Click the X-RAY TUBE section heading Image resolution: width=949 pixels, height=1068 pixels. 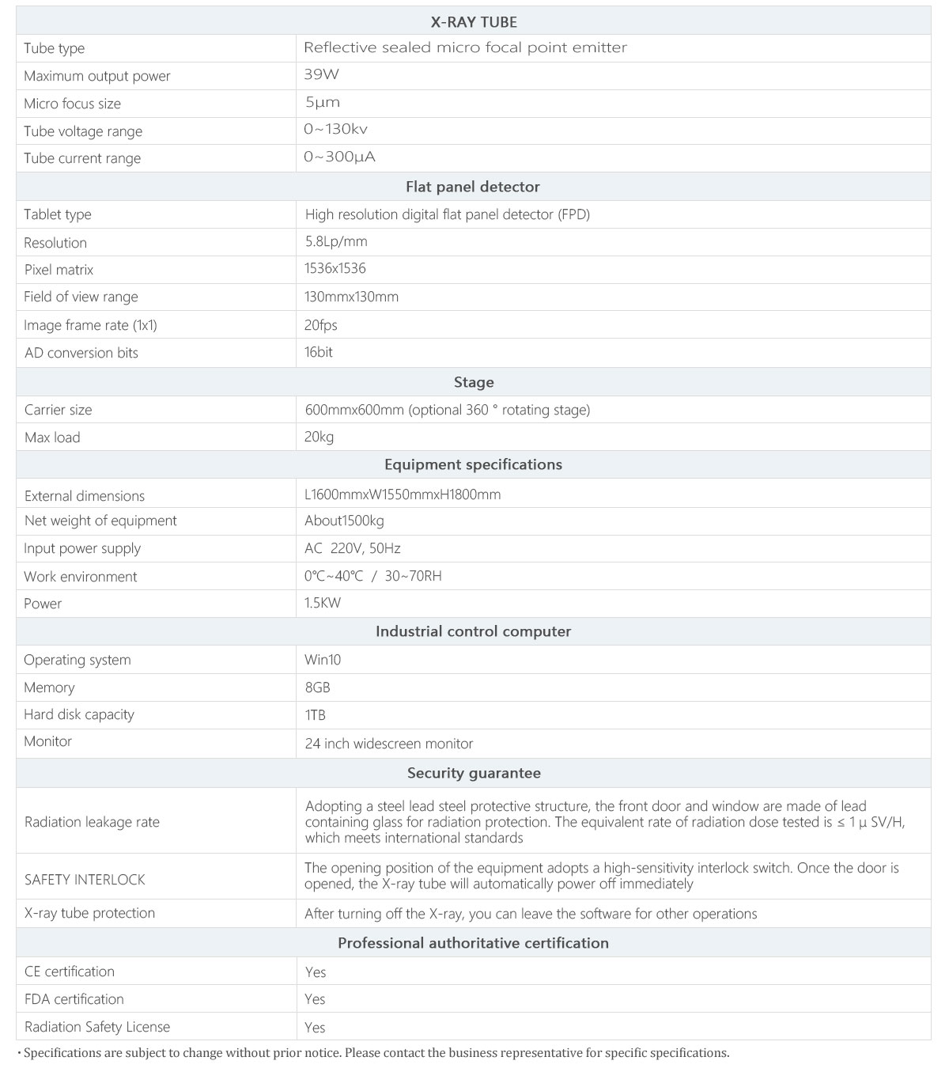point(474,22)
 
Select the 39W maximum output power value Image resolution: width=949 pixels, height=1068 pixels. point(321,75)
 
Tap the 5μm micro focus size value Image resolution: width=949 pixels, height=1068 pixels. point(322,103)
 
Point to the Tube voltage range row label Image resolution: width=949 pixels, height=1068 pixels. point(83,131)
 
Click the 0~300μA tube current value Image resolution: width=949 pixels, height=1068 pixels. point(339,157)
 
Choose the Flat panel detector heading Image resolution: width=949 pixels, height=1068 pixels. point(473,187)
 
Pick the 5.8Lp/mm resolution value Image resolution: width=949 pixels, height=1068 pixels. point(336,241)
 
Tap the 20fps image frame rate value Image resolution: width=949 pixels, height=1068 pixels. point(321,325)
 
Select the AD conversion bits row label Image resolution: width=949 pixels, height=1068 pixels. point(81,353)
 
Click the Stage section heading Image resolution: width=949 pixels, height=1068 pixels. point(474,382)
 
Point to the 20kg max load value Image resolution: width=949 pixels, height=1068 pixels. point(319,437)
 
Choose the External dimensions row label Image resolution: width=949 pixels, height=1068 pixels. point(85,496)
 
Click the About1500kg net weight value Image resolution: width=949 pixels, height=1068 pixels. point(344,521)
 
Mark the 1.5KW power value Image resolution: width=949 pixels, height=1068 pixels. point(323,603)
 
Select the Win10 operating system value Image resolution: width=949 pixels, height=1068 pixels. point(323,660)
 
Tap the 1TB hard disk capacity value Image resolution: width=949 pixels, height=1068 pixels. point(315,715)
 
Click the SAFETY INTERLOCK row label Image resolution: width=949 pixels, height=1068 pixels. point(85,880)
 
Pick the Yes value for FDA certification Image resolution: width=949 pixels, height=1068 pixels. point(315,999)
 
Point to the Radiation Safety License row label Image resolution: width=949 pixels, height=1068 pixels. point(97,1027)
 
